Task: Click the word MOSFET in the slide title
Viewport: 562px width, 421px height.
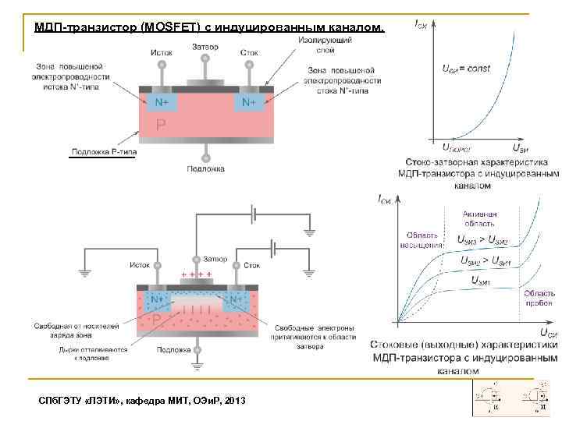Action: (168, 27)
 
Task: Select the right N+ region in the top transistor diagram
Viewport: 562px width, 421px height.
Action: (249, 102)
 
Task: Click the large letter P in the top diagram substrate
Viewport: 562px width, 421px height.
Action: (160, 125)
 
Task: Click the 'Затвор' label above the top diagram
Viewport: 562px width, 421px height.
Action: (205, 47)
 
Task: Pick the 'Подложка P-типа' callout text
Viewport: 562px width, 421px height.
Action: (102, 151)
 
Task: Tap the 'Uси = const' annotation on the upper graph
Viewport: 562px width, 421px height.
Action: (467, 69)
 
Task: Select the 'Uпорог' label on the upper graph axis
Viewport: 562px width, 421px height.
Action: (457, 147)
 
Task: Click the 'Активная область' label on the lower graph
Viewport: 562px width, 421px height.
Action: (479, 218)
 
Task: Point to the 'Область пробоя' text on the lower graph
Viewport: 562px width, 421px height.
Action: (539, 298)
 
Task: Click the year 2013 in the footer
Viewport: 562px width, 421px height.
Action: (233, 400)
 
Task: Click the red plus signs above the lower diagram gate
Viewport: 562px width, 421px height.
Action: (197, 275)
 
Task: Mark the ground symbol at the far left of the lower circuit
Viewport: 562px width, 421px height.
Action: (84, 272)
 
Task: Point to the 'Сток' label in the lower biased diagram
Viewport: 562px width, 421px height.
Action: (251, 265)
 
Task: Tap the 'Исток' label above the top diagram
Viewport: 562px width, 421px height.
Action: (162, 53)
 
